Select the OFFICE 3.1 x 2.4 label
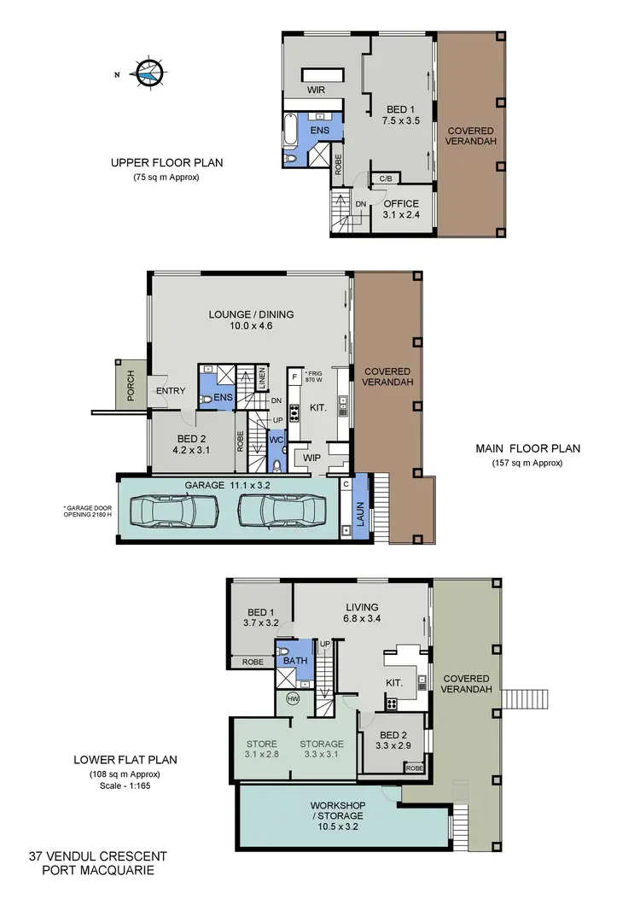click(x=400, y=209)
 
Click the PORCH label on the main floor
click(x=131, y=384)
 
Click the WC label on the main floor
click(x=276, y=440)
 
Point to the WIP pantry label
click(x=311, y=458)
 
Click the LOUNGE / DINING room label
click(x=251, y=320)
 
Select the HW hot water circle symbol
click(x=292, y=699)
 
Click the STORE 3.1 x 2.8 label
click(x=261, y=749)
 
